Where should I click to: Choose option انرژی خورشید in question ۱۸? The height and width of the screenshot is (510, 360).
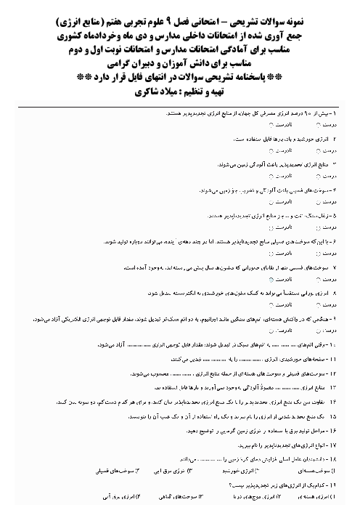click(254, 471)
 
